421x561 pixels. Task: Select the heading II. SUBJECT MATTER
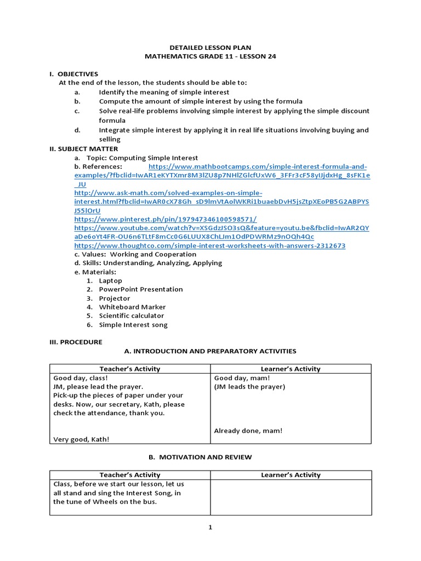coord(83,148)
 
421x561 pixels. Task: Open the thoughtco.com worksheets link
coord(210,245)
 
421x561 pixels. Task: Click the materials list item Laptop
coord(110,280)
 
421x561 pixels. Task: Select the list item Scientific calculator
coord(132,316)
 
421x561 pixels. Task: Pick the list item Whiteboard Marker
coord(132,307)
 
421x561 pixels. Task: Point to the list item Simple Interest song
coord(133,325)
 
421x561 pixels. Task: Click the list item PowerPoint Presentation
coord(141,289)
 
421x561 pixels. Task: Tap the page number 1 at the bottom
coord(210,528)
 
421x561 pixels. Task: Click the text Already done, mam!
coord(248,431)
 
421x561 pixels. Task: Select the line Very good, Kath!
coord(81,439)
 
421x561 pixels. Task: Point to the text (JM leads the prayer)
coord(249,387)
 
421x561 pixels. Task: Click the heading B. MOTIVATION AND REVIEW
coord(210,457)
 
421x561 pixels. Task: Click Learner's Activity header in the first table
coord(291,369)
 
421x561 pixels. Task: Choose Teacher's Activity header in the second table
coord(130,475)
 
